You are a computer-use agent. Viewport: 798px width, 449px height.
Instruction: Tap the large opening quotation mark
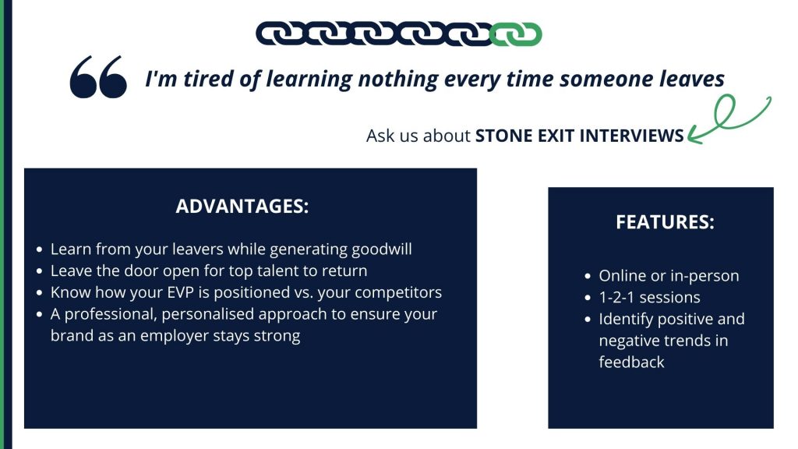tap(98, 76)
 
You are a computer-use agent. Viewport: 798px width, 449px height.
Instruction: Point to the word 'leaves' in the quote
tap(692, 80)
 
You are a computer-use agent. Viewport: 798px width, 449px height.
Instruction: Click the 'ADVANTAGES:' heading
tap(242, 206)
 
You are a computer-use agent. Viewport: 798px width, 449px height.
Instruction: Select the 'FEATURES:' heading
tap(666, 222)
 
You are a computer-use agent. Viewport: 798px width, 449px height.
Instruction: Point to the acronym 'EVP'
tap(184, 292)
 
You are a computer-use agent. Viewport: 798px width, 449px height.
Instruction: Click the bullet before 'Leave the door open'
tap(40, 271)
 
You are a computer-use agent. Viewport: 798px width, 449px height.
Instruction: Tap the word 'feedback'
tap(631, 362)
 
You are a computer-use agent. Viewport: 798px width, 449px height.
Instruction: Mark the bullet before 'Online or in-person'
tap(588, 277)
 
